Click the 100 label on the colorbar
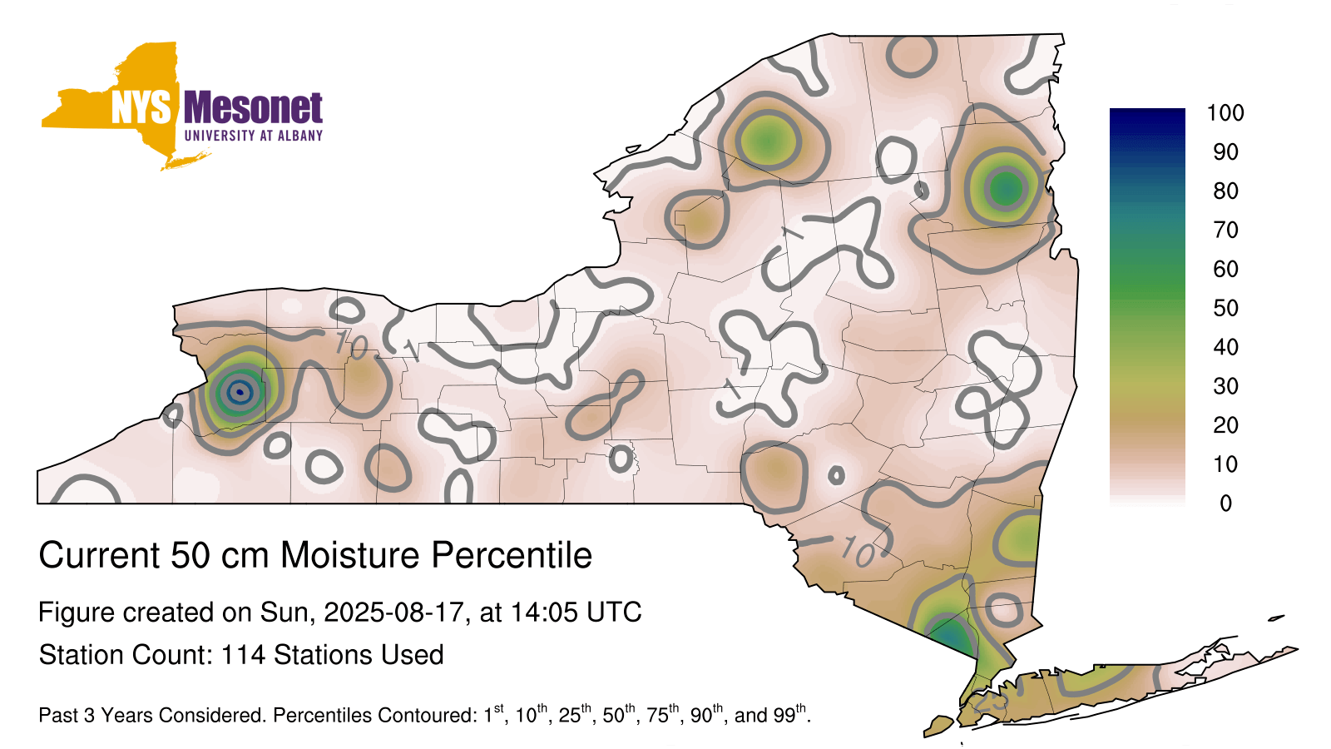coord(1225,113)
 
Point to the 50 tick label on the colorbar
coord(1225,308)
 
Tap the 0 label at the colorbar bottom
coord(1225,503)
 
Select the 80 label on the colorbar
coord(1225,191)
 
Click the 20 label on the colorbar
coord(1225,425)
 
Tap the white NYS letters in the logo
coord(141,107)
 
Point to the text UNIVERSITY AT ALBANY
coord(254,136)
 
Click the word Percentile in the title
coord(512,555)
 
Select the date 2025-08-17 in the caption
coord(393,613)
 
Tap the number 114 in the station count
coord(243,655)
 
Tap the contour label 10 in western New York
coord(351,345)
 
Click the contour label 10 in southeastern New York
coord(858,551)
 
